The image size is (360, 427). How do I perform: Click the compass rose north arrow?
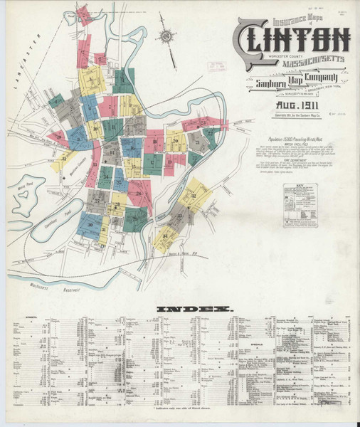[166, 36]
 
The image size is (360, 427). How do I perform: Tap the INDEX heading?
[195, 309]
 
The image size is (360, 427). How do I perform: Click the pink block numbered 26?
[139, 193]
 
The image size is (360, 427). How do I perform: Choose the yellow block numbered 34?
[166, 236]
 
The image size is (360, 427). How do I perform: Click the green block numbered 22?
[209, 133]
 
